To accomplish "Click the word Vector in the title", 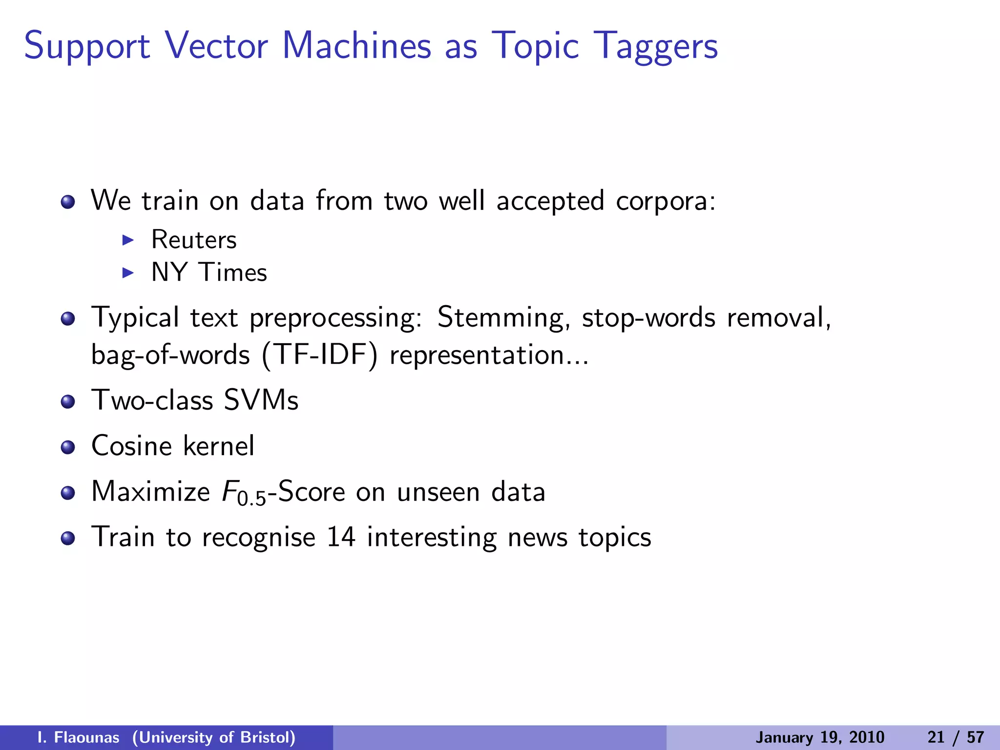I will [216, 45].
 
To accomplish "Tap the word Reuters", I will [194, 240].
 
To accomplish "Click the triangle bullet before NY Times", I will [128, 272].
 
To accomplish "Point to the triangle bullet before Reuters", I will [128, 239].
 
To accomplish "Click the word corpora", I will [666, 202].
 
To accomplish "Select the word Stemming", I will [503, 318].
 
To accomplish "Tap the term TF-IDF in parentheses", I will [320, 354].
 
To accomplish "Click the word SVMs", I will [261, 400].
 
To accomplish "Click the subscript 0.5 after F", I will [252, 499].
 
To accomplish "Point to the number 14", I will [341, 537].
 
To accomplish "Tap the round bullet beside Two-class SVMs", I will [68, 401].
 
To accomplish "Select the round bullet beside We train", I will [68, 201].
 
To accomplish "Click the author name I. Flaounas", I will [78, 737].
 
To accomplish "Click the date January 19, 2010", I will [820, 737].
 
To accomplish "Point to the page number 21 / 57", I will [956, 737].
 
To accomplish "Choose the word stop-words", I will [649, 318].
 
